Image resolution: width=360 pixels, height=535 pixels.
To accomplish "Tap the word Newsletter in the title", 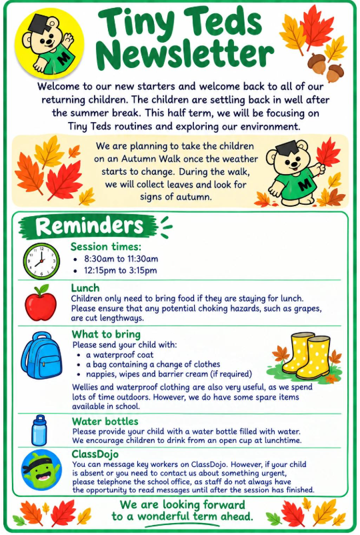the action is click(187, 53).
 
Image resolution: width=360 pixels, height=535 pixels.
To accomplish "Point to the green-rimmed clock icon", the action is click(41, 261).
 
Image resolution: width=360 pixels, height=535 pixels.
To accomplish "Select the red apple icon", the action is click(41, 302).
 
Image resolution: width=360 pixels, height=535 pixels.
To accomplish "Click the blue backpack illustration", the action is click(42, 356).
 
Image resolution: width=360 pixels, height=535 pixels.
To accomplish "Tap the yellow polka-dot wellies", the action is click(306, 356).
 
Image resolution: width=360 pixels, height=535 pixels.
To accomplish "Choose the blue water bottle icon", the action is click(39, 430).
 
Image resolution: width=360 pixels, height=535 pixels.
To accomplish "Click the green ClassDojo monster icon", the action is click(41, 470).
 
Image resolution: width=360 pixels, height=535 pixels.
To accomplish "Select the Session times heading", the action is click(106, 247).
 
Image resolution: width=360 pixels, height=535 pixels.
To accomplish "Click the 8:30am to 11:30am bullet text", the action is click(121, 259).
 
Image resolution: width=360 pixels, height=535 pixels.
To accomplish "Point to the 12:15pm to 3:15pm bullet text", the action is click(121, 271).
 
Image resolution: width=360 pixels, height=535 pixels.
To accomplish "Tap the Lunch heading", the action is click(85, 288).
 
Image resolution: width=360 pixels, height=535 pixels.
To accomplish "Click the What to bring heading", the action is click(107, 334).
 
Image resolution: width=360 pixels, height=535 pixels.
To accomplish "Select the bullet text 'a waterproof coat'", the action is click(119, 355).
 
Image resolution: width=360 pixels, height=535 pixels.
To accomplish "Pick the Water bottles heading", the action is click(105, 422).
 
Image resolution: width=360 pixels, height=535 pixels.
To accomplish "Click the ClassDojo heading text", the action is click(95, 454).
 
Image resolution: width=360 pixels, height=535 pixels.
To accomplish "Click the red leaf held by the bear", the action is click(328, 153).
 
